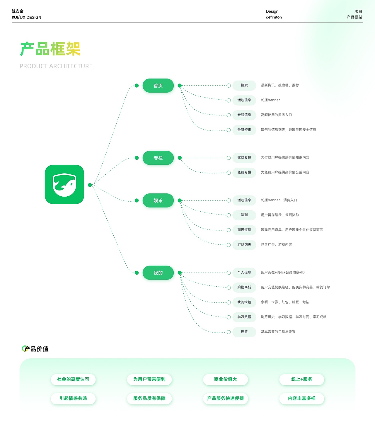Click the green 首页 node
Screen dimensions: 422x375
click(158, 86)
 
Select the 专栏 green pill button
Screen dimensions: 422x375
click(158, 158)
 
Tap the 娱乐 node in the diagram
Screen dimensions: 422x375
click(158, 200)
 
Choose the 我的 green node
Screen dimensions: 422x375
click(158, 273)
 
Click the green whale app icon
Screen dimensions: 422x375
click(64, 184)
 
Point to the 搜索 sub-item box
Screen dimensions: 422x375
click(244, 85)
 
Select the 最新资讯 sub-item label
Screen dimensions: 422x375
click(244, 130)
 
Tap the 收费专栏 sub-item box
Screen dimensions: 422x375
click(244, 158)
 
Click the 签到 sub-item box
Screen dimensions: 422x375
click(244, 215)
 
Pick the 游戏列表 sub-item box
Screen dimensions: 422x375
click(244, 245)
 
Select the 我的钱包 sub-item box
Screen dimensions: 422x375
click(244, 302)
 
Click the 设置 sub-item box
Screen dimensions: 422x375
click(244, 332)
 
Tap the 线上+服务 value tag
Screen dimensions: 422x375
click(302, 380)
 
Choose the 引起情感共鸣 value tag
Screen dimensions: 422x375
click(73, 399)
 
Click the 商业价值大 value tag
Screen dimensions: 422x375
click(226, 380)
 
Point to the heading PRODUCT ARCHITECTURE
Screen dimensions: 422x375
click(56, 66)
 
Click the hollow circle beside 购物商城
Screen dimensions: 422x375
click(229, 287)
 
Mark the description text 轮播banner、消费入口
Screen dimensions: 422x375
click(279, 200)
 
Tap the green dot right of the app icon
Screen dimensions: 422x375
click(90, 185)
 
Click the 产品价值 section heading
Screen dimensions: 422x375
click(35, 349)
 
